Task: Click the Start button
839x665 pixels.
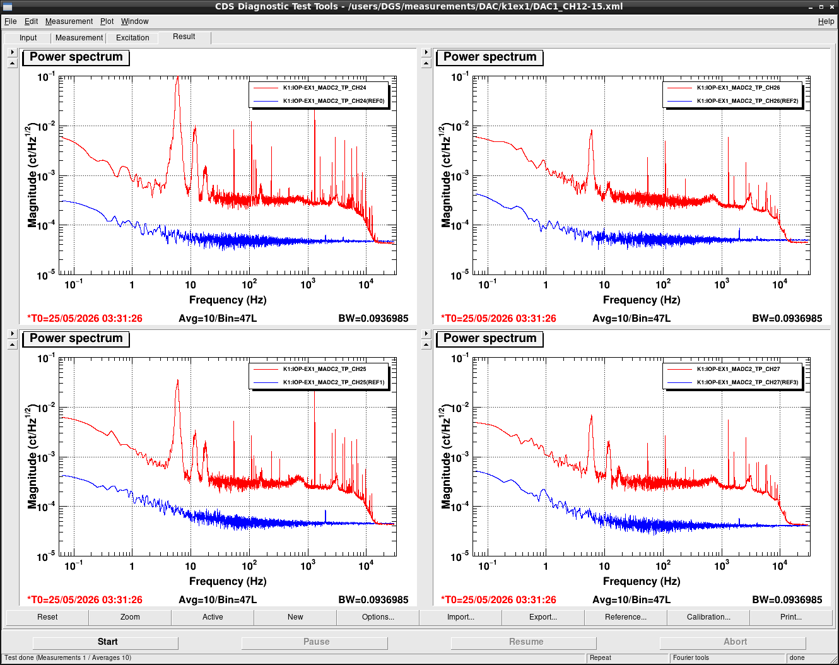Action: tap(105, 642)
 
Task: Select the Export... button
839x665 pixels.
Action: tap(543, 617)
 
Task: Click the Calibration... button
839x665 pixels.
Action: tap(708, 617)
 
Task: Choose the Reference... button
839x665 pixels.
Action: tap(625, 617)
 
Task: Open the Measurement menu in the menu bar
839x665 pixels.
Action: tap(69, 21)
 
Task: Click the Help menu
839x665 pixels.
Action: tap(826, 21)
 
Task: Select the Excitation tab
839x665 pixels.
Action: tap(132, 38)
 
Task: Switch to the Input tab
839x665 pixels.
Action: tap(28, 38)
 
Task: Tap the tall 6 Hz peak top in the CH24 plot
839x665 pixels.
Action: tap(178, 77)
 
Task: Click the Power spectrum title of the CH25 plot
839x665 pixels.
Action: tap(76, 338)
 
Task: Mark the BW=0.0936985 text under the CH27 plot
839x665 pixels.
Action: tap(787, 600)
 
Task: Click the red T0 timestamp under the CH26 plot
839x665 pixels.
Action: tap(498, 319)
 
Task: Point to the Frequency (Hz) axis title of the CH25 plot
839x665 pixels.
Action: tap(228, 581)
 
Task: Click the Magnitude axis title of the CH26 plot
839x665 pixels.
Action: tap(445, 176)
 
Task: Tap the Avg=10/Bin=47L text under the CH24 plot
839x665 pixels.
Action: tap(218, 319)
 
